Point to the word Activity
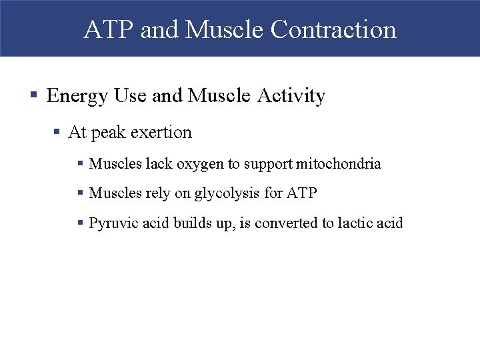[x=292, y=97]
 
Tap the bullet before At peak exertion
[x=58, y=133]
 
